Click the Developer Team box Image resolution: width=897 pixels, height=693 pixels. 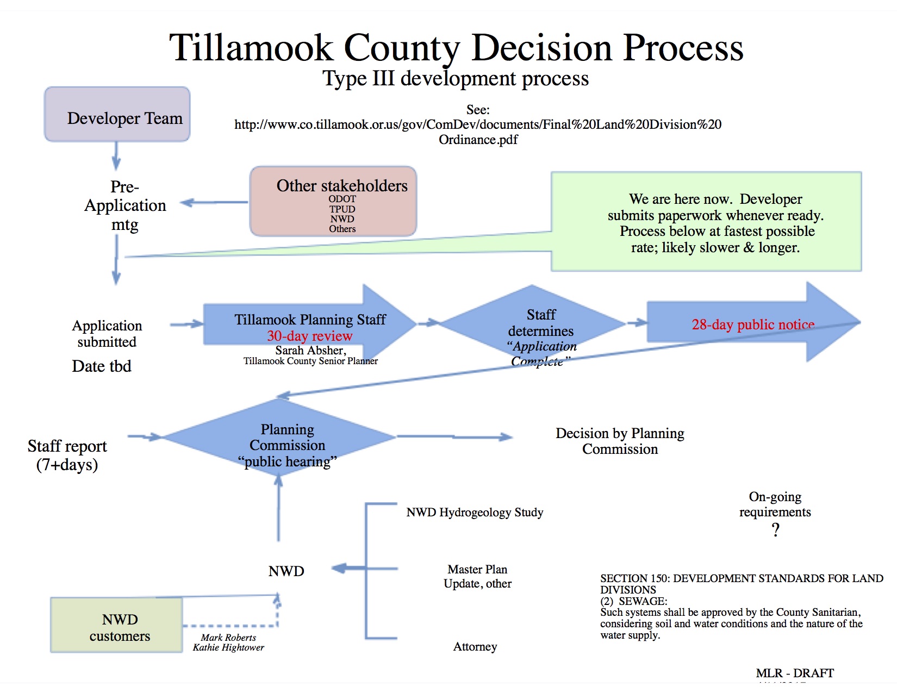click(117, 115)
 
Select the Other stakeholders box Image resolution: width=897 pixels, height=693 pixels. click(333, 201)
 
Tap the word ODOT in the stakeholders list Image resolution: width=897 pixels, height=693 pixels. click(342, 199)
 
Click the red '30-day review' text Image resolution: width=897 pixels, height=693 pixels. click(309, 336)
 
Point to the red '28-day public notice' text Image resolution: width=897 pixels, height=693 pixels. click(752, 324)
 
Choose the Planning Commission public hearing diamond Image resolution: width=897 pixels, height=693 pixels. click(279, 438)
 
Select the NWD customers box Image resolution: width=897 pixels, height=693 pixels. click(116, 625)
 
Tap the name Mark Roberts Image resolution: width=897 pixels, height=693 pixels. click(228, 638)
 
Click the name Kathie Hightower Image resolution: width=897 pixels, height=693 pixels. click(228, 647)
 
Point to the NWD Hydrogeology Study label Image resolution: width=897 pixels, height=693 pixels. click(475, 512)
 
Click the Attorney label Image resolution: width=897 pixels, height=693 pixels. click(475, 646)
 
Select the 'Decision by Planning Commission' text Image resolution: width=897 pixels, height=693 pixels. click(620, 441)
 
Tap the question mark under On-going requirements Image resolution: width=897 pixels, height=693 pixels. click(775, 529)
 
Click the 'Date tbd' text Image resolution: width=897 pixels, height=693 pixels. click(102, 366)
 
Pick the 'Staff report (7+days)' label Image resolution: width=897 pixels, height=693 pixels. click(67, 455)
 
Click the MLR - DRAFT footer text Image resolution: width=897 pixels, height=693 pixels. click(794, 673)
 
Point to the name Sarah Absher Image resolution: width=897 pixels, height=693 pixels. click(310, 350)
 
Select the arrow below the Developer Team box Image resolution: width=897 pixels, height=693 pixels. click(116, 156)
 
